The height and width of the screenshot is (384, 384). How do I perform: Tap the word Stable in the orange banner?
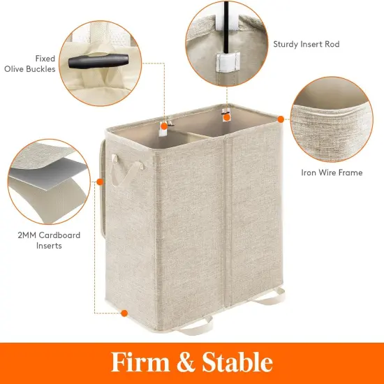point(237,362)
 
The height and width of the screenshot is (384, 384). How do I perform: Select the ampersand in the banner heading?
point(182,362)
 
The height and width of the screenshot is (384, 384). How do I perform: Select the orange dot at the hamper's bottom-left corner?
point(124,313)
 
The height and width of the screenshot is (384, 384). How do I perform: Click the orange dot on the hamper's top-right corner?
point(279,119)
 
